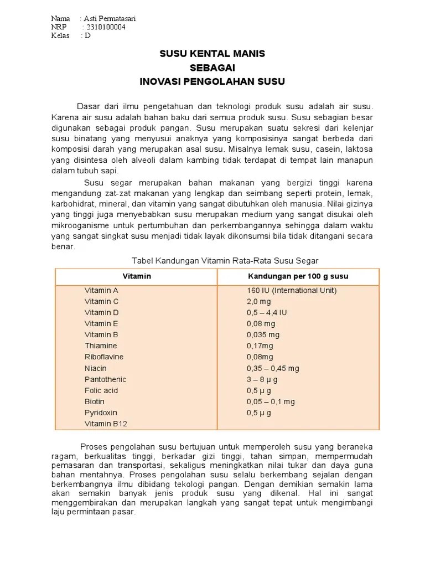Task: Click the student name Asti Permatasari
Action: point(110,19)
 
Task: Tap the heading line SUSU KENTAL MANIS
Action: point(212,54)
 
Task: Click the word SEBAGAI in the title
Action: point(212,68)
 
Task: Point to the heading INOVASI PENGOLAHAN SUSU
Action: point(212,81)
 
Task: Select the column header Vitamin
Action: point(136,276)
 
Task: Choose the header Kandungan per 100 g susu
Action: point(298,276)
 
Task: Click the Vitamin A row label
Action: point(101,290)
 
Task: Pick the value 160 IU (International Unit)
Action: point(292,290)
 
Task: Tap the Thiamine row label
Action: point(101,346)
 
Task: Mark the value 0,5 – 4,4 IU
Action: point(267,312)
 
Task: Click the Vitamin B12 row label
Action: point(106,424)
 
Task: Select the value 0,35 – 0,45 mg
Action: point(273,368)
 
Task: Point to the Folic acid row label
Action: point(101,390)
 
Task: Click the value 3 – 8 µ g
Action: point(262,379)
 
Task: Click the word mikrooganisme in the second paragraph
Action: point(76,226)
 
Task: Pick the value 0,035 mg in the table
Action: point(263,334)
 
